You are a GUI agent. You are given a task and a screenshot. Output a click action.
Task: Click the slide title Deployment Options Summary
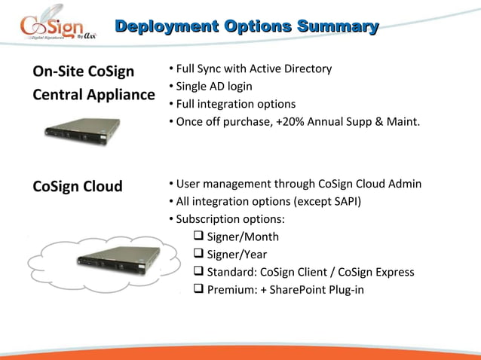pyautogui.click(x=246, y=28)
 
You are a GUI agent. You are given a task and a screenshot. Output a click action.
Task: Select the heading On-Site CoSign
pyautogui.click(x=83, y=72)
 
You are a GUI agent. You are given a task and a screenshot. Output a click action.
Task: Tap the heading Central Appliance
pyautogui.click(x=93, y=96)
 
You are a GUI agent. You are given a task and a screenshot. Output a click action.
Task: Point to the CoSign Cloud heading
pyautogui.click(x=77, y=186)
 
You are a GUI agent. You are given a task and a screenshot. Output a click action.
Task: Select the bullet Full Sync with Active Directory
pyautogui.click(x=253, y=69)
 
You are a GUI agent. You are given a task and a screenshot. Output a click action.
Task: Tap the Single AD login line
pyautogui.click(x=214, y=87)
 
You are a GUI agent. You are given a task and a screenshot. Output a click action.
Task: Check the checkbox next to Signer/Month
pyautogui.click(x=199, y=237)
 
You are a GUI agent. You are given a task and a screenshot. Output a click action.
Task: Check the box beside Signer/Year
pyautogui.click(x=199, y=255)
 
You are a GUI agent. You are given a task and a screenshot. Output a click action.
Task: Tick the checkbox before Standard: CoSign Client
pyautogui.click(x=199, y=272)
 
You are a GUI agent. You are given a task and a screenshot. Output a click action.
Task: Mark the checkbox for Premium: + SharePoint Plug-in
pyautogui.click(x=199, y=289)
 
